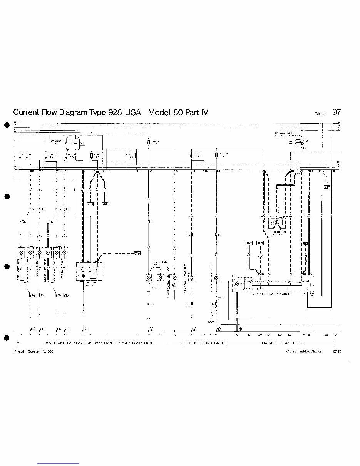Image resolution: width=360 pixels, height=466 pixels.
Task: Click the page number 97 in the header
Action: pos(336,112)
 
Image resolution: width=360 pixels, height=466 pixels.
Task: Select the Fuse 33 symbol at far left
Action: pos(20,156)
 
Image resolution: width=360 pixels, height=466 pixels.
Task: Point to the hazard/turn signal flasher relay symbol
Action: pos(298,143)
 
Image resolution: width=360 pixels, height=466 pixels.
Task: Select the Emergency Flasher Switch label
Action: pos(270,294)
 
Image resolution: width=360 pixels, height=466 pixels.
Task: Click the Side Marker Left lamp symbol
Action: pos(22,253)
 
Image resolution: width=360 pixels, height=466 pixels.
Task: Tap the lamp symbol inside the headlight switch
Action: pos(82,276)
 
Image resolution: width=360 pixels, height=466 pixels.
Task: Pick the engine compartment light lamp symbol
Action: pos(175,277)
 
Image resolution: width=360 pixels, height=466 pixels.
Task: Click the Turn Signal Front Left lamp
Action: pos(191,277)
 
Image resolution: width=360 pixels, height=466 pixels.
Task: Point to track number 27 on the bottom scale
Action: pos(336,335)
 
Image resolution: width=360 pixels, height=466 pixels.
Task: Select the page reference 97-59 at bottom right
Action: pos(337,351)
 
